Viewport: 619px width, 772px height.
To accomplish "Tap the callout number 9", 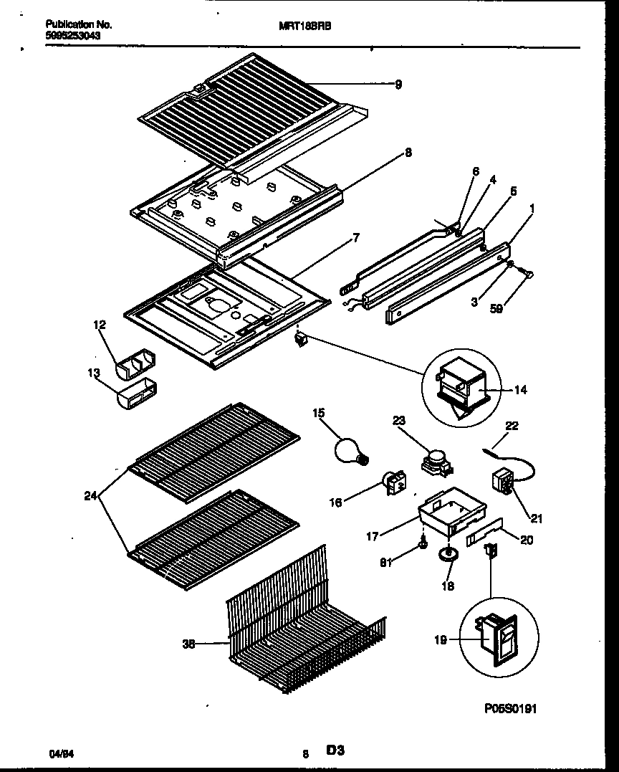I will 398,84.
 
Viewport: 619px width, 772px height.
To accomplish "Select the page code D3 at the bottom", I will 335,750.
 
